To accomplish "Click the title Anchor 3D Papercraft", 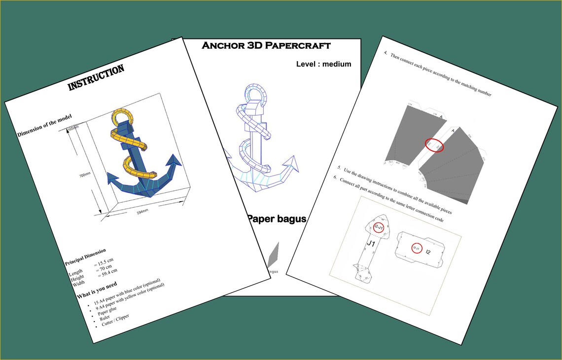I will [x=266, y=46].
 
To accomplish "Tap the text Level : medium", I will [x=323, y=64].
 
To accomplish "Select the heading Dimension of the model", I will [x=44, y=126].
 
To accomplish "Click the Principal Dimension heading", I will [x=85, y=257].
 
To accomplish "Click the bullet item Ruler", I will [x=105, y=318].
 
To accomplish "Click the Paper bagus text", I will [x=276, y=218].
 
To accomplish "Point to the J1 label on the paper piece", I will [x=371, y=244].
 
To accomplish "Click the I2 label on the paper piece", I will [x=428, y=252].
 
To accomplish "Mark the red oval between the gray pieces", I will [x=434, y=145].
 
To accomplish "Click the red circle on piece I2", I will [x=417, y=248].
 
